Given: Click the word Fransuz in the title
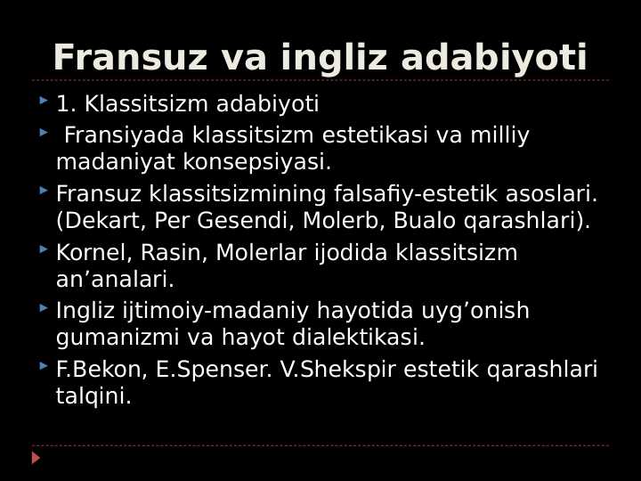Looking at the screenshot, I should pyautogui.click(x=130, y=59).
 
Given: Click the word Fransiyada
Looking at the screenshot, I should pyautogui.click(x=124, y=135).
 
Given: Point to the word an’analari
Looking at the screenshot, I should pyautogui.click(x=115, y=280).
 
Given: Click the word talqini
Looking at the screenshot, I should pyautogui.click(x=93, y=396).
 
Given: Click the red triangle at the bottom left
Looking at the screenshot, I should pyautogui.click(x=36, y=458).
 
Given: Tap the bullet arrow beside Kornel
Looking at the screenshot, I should pyautogui.click(x=44, y=249).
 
